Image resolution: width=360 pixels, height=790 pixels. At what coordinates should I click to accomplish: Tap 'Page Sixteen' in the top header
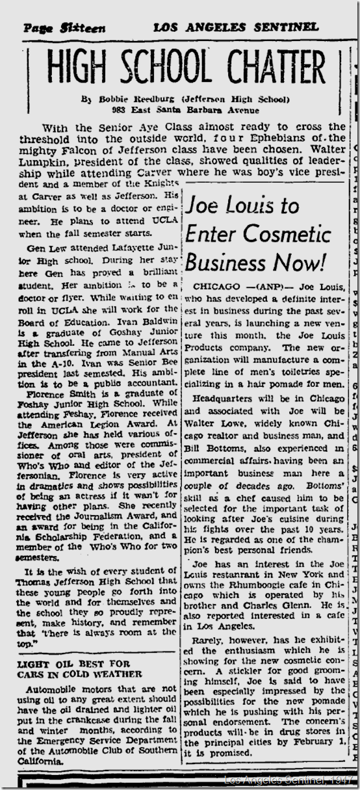click(x=64, y=28)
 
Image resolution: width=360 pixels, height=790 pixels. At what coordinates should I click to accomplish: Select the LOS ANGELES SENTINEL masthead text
click(x=236, y=27)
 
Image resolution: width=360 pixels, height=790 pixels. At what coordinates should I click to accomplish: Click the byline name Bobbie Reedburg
click(x=125, y=99)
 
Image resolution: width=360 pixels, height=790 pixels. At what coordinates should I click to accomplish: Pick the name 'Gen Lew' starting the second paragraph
click(x=45, y=250)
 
